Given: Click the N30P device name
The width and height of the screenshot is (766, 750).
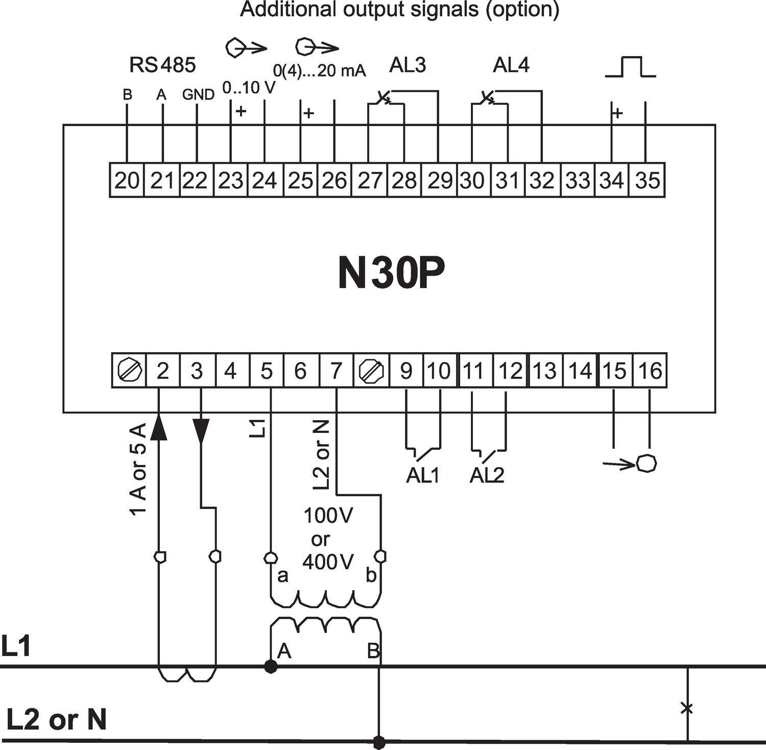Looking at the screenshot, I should tap(391, 273).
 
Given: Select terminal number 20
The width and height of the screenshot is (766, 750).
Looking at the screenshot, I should tap(127, 180).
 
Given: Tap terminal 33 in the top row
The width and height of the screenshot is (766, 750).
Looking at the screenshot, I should tap(578, 180).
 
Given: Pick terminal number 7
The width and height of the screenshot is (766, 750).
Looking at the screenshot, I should tap(336, 371).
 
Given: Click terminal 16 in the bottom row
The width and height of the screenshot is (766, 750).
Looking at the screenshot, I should tap(650, 371).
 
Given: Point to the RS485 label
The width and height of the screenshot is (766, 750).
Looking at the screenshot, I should tap(162, 65).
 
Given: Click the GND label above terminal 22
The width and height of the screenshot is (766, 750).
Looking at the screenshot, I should tap(198, 94).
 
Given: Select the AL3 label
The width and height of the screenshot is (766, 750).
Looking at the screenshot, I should tap(407, 65).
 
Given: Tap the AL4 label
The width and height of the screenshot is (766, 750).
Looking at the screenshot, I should tap(511, 65).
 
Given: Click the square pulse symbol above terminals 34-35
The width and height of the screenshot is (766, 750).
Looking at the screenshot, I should tap(630, 67).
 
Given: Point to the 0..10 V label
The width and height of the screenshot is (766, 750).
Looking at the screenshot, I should tap(249, 88).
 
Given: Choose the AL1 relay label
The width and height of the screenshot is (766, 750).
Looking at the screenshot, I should tap(422, 475).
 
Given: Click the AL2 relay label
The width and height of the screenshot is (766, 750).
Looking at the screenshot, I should tap(487, 475).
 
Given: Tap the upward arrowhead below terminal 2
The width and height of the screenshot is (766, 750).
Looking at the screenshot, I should tap(159, 426).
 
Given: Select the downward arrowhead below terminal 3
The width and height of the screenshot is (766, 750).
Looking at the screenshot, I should tap(201, 432).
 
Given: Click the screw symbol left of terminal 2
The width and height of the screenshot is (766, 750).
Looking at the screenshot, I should tap(129, 371).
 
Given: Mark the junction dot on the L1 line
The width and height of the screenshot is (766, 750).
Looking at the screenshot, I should tap(271, 666).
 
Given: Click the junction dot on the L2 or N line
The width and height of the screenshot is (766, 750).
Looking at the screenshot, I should tap(379, 741).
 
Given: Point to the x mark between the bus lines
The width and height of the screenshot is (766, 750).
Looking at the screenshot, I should tap(687, 708).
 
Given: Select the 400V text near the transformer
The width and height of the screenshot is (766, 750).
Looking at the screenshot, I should tap(328, 562).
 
